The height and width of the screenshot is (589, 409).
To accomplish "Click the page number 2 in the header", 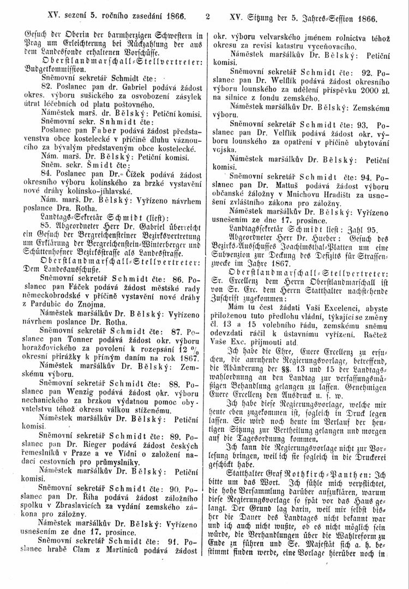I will pos(208,17).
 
